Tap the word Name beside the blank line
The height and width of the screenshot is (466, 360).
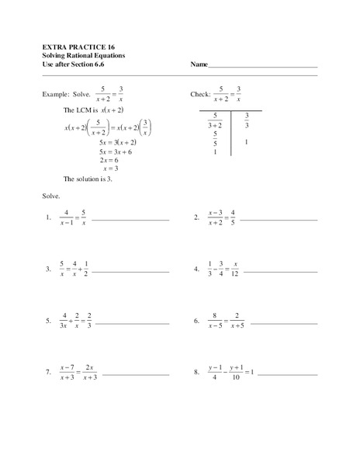click(x=200, y=66)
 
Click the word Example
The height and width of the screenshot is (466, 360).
click(x=57, y=93)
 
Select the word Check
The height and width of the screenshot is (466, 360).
click(x=201, y=93)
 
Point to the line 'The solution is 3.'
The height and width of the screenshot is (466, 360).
click(x=95, y=178)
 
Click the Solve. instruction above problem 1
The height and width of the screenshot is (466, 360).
click(x=51, y=196)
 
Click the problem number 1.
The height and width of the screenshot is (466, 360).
click(x=48, y=218)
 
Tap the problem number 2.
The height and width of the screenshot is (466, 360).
click(x=196, y=218)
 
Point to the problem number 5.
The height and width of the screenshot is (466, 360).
click(x=48, y=319)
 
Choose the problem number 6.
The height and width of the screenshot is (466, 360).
click(x=196, y=319)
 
